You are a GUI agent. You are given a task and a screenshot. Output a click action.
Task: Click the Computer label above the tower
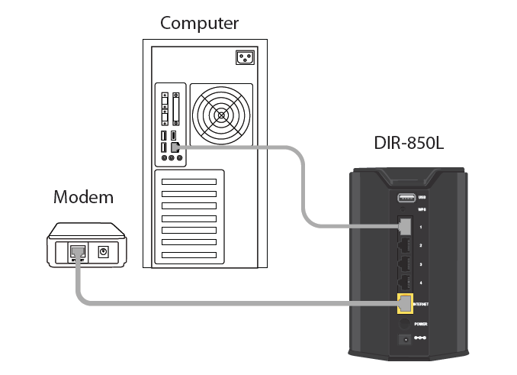coord(199,23)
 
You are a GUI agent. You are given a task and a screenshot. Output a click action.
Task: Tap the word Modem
coord(83,198)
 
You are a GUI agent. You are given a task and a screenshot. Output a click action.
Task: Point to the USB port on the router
coord(405,194)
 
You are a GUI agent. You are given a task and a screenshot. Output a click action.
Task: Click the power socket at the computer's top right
coord(244,57)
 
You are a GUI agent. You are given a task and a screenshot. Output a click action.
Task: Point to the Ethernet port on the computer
coord(175,146)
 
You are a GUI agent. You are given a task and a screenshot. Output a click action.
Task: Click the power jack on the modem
coord(104,251)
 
